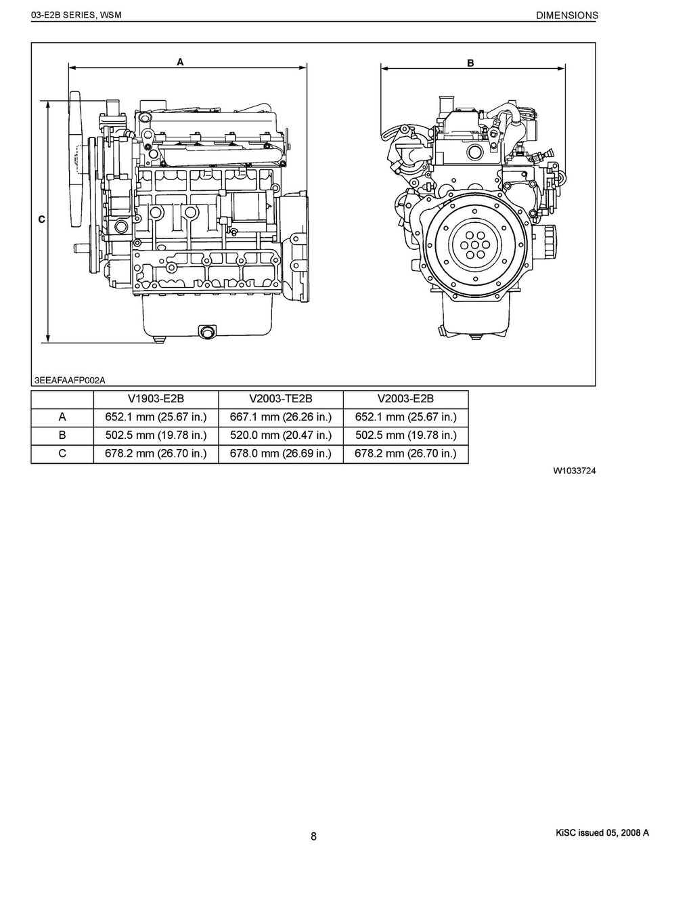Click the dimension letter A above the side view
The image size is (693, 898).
180,62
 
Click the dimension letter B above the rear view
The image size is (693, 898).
470,63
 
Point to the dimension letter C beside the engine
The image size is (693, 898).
41,219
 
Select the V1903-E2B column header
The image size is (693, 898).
156,399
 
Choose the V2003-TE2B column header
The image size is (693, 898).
281,399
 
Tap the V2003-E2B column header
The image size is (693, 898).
406,399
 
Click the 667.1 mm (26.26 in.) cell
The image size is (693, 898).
281,417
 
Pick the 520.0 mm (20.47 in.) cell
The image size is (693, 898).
281,435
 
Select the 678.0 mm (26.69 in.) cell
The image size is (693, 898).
281,454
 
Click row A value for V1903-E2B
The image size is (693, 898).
156,417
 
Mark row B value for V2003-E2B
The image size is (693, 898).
406,435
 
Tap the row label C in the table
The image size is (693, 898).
62,454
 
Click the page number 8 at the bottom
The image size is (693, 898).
314,836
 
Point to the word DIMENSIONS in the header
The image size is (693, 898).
566,15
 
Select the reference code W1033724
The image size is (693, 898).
574,471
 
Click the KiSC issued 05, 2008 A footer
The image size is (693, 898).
601,834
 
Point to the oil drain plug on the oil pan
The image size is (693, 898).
206,331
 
